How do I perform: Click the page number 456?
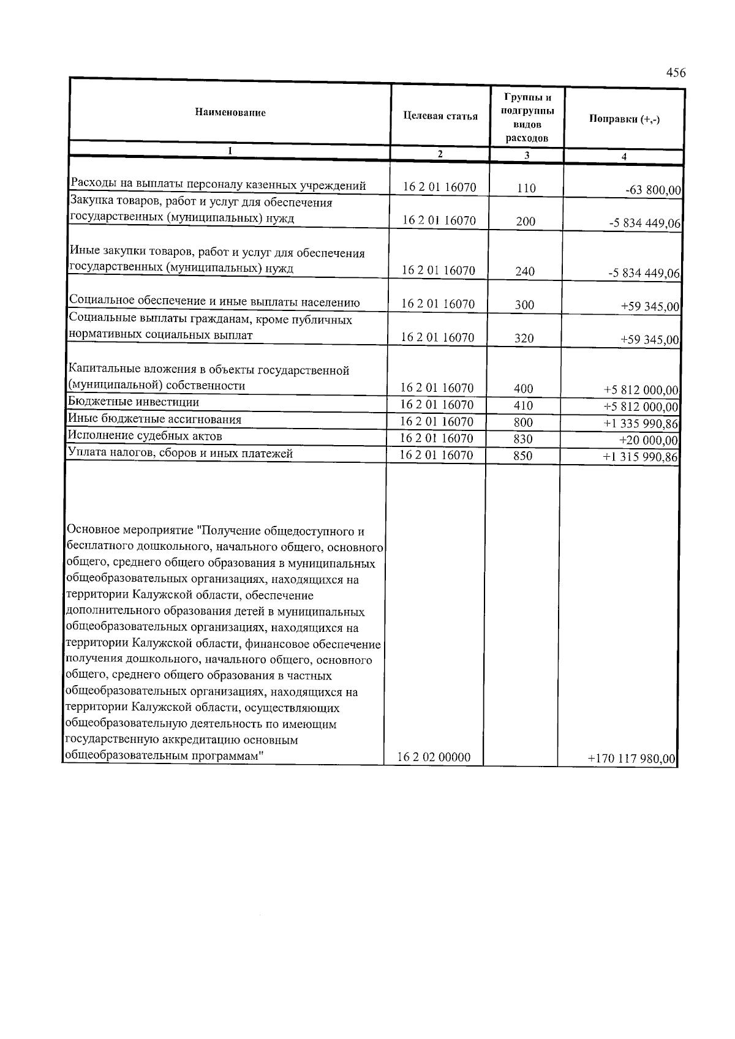(676, 73)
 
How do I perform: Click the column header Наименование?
(230, 113)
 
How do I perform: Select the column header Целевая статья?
(440, 116)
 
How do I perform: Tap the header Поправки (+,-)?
(624, 119)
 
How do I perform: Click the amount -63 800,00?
(653, 190)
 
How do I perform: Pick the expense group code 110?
(526, 189)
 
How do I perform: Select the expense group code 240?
(525, 271)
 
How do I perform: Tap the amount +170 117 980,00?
(631, 759)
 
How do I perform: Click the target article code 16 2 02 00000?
(434, 757)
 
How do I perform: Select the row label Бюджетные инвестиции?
(134, 402)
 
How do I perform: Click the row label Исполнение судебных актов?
(145, 436)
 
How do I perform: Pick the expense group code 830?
(523, 439)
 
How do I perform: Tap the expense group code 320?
(524, 337)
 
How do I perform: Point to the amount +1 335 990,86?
(641, 424)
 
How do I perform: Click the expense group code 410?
(524, 405)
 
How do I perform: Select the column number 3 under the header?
(527, 156)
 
